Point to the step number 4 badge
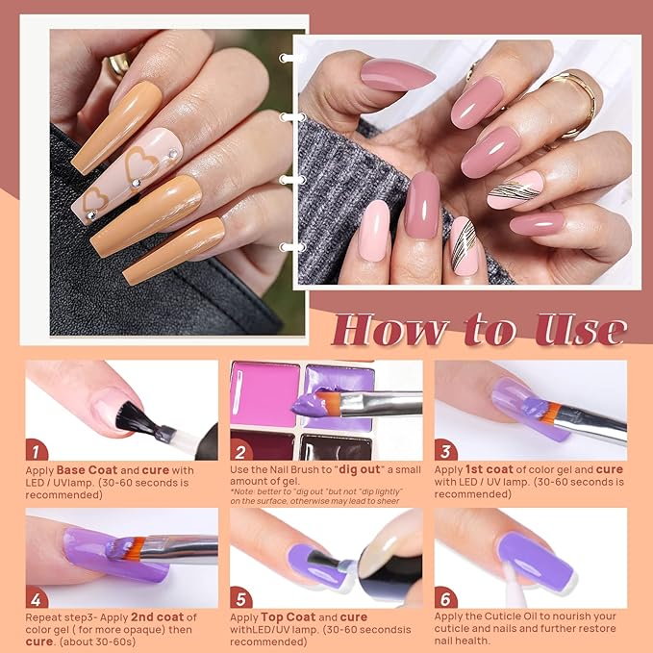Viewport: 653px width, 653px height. pos(36,598)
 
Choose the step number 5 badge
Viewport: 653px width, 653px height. pos(241,598)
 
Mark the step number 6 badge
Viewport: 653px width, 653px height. pos(445,598)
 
